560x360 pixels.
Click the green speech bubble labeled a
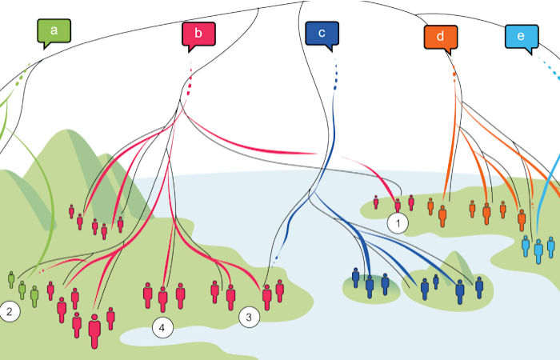pos(54,32)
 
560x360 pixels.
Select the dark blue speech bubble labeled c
pos(322,34)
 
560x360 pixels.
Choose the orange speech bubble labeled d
pos(441,36)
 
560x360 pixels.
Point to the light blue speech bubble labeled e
pos(521,37)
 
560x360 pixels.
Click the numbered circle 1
pos(397,223)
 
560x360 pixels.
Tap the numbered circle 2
pos(10,312)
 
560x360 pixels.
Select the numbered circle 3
pos(250,318)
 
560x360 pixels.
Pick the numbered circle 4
pos(162,328)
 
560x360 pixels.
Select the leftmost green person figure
pos(11,279)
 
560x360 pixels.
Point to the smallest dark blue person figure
pos(436,282)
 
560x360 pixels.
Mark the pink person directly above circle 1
pos(397,206)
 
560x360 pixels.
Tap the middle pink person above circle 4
pos(163,298)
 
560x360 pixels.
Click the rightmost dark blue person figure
pos(479,287)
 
